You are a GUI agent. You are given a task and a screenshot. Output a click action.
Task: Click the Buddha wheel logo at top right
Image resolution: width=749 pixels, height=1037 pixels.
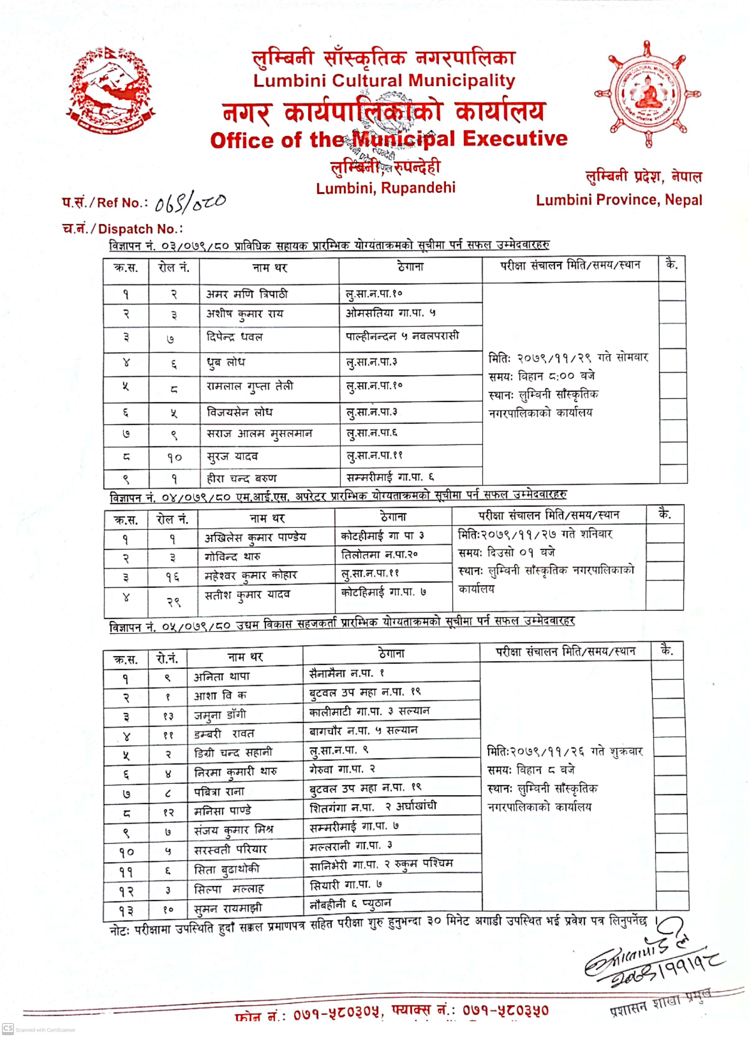pos(647,94)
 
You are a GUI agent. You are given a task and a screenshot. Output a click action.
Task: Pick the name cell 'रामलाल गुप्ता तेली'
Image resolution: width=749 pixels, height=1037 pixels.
pos(250,386)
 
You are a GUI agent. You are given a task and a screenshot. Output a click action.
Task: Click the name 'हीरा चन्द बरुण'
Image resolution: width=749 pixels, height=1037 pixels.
pos(241,478)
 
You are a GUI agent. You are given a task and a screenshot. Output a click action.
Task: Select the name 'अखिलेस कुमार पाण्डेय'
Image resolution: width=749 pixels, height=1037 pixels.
pos(255,537)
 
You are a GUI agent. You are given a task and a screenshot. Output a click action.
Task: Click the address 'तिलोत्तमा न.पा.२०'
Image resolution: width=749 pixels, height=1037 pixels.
pos(379,555)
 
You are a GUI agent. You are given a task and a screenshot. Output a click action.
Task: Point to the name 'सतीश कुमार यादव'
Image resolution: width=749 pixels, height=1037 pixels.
pos(247,595)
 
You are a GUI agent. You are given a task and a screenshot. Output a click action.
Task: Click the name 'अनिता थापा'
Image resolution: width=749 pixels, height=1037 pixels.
pos(222,676)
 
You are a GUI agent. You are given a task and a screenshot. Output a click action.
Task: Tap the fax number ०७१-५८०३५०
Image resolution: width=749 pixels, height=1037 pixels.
pos(505,1011)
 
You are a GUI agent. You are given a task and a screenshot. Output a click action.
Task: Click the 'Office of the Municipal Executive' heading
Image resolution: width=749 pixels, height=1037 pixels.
pos(389,139)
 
